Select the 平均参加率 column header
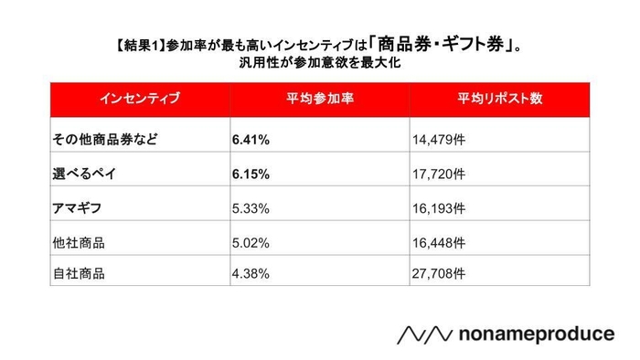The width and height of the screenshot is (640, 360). [317, 97]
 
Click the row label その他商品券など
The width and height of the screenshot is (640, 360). [105, 142]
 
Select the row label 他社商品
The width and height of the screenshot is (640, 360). [80, 243]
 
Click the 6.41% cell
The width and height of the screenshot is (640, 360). [251, 142]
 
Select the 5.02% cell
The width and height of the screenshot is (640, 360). [251, 243]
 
